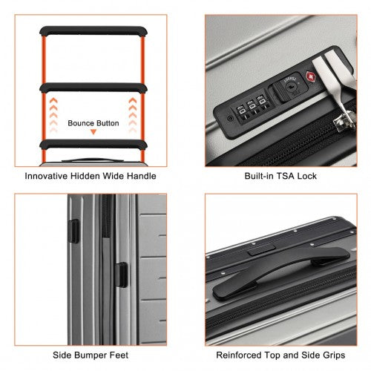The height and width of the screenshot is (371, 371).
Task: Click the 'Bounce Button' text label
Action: (x=93, y=123)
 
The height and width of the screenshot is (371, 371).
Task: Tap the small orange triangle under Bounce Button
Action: (x=93, y=132)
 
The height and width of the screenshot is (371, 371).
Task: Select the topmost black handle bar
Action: (x=93, y=31)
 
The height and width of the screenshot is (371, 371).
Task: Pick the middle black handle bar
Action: (x=93, y=88)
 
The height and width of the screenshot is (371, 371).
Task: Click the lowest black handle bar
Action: (x=93, y=145)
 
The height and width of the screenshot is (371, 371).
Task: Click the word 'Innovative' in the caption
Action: (x=47, y=176)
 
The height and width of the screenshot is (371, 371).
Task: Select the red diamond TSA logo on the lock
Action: (x=311, y=77)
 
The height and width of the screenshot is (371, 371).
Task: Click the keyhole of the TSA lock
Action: (x=290, y=86)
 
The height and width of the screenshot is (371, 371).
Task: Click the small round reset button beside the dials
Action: (x=230, y=118)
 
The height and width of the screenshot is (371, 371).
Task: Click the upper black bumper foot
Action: (x=73, y=232)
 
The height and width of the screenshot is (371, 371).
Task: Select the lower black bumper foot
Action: (x=121, y=275)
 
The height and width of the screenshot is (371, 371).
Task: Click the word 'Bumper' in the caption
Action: (x=91, y=355)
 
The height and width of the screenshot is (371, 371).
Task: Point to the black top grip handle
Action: (x=280, y=271)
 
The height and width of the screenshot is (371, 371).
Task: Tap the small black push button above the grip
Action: (x=262, y=249)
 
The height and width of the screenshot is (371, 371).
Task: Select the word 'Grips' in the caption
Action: (x=334, y=355)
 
